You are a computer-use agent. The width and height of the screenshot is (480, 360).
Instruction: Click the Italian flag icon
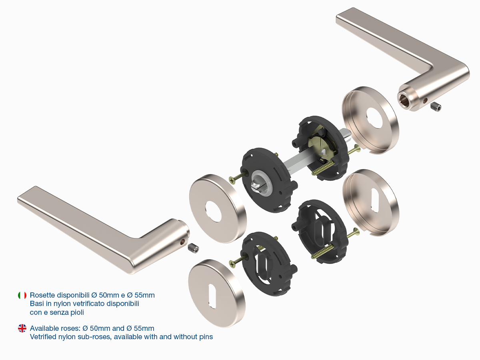coord(22,295)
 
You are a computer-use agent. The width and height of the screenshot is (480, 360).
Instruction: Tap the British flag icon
coord(22,328)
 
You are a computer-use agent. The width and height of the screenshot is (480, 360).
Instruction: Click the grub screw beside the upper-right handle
coord(436,107)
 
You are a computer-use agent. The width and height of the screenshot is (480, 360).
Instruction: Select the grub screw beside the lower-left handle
coord(193,248)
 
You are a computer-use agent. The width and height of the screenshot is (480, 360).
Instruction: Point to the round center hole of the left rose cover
coord(214,211)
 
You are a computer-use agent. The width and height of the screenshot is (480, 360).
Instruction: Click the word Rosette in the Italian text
coord(42,295)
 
